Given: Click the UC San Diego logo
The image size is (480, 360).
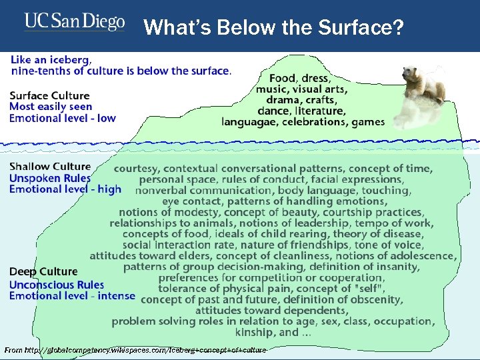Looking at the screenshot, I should [x=75, y=22].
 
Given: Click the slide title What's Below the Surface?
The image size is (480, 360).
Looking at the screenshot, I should [x=273, y=27].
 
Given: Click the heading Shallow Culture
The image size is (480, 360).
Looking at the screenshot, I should [x=50, y=167].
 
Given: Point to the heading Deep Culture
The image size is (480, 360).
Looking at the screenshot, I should [x=43, y=272].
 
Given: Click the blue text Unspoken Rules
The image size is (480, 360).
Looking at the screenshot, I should [x=50, y=178].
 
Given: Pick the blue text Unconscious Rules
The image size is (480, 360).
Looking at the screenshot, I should [x=57, y=285].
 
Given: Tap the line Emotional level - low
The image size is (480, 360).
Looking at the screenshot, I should [x=62, y=118].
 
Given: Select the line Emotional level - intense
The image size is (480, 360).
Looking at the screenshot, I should [x=72, y=295].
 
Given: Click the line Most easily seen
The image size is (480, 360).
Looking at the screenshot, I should [x=51, y=106].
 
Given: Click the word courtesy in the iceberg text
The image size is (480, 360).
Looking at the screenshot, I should [x=137, y=169].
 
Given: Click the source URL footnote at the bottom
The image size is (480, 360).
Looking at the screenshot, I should [x=135, y=350].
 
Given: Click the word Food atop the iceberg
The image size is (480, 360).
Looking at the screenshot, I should [x=283, y=79].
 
